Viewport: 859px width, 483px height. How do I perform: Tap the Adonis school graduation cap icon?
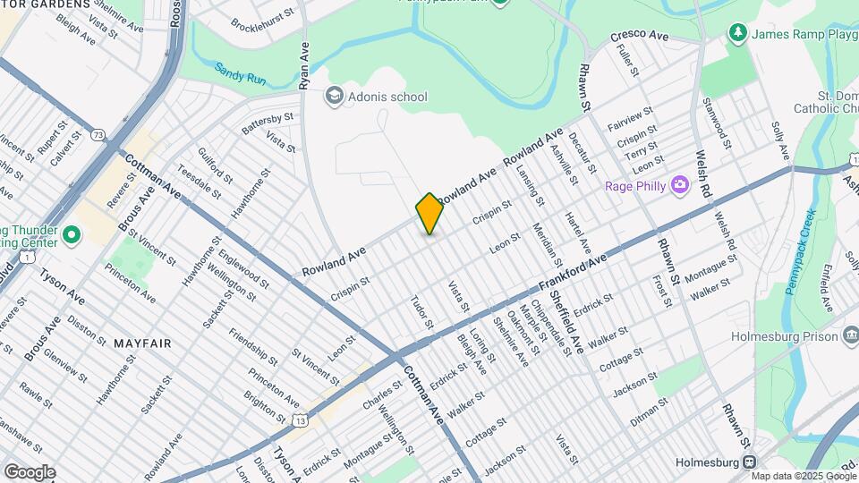334,97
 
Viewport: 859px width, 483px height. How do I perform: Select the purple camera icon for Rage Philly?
680,185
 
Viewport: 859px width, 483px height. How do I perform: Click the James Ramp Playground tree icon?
737,34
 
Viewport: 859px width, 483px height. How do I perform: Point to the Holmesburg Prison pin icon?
851,335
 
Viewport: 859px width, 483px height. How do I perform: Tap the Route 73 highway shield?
98,135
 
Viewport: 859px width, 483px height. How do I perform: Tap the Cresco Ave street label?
640,36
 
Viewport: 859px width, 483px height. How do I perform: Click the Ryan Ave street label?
305,65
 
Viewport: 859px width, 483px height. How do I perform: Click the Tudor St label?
421,311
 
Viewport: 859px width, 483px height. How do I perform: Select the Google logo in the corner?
29,472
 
